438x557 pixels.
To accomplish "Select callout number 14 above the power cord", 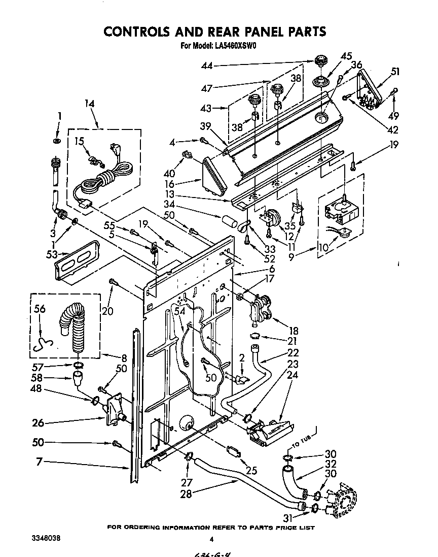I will tap(89, 104).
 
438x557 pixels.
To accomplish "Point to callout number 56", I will tap(39, 308).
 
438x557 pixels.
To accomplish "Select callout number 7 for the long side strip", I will tap(39, 462).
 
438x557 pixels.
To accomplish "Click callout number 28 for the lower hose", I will tap(187, 494).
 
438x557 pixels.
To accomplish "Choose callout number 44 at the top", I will tap(207, 65).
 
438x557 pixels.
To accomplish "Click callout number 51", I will tap(395, 72).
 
